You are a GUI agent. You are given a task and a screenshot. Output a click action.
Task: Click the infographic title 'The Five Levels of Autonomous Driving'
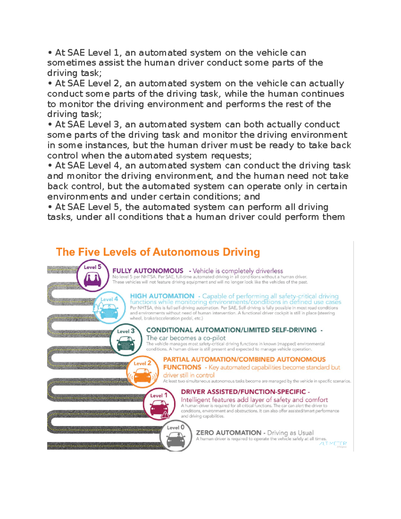pyautogui.click(x=158, y=252)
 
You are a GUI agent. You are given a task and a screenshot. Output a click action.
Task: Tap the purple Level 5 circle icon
pyautogui.click(x=93, y=276)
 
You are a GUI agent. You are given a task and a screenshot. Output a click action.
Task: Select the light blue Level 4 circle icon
pyautogui.click(x=109, y=307)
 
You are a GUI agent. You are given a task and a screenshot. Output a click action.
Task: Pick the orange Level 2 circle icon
pyautogui.click(x=143, y=372)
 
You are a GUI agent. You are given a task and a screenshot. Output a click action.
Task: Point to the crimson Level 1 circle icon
pyautogui.click(x=159, y=404)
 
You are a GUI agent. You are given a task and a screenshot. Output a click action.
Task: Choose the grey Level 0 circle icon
pyautogui.click(x=176, y=436)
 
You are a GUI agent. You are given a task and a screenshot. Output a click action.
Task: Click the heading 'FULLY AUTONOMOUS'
pyautogui.click(x=148, y=271)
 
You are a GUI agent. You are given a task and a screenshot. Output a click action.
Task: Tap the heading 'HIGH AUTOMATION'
pyautogui.click(x=162, y=296)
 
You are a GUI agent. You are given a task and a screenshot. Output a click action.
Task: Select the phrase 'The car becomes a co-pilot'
pyautogui.click(x=186, y=338)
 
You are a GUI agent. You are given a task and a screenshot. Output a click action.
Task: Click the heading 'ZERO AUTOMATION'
pyautogui.click(x=229, y=433)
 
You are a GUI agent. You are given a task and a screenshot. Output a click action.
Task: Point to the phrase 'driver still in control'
pyautogui.click(x=188, y=375)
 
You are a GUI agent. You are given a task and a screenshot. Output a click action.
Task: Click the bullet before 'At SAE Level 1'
pyautogui.click(x=50, y=53)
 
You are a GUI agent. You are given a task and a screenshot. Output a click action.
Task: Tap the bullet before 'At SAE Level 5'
pyautogui.click(x=50, y=207)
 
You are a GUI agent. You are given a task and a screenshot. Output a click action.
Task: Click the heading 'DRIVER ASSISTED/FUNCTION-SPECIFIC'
pyautogui.click(x=243, y=392)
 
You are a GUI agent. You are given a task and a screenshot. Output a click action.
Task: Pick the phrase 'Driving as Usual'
pyautogui.click(x=290, y=433)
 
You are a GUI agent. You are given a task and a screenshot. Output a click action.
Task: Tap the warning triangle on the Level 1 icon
pyautogui.click(x=165, y=415)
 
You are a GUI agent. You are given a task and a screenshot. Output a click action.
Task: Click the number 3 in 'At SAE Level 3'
pyautogui.click(x=116, y=125)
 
